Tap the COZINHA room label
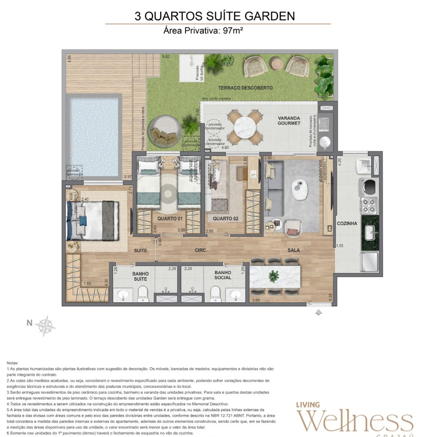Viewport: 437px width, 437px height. [x=347, y=223]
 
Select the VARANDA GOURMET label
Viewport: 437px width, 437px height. [x=289, y=121]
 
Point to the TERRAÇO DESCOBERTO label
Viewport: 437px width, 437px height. [x=245, y=88]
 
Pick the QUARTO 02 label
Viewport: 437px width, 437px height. [x=225, y=219]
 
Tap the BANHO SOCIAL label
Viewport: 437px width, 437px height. [x=223, y=275]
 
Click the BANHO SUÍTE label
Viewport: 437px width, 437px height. [x=140, y=276]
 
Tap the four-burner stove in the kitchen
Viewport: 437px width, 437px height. [x=369, y=205]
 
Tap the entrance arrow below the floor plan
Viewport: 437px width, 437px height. [x=319, y=312]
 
